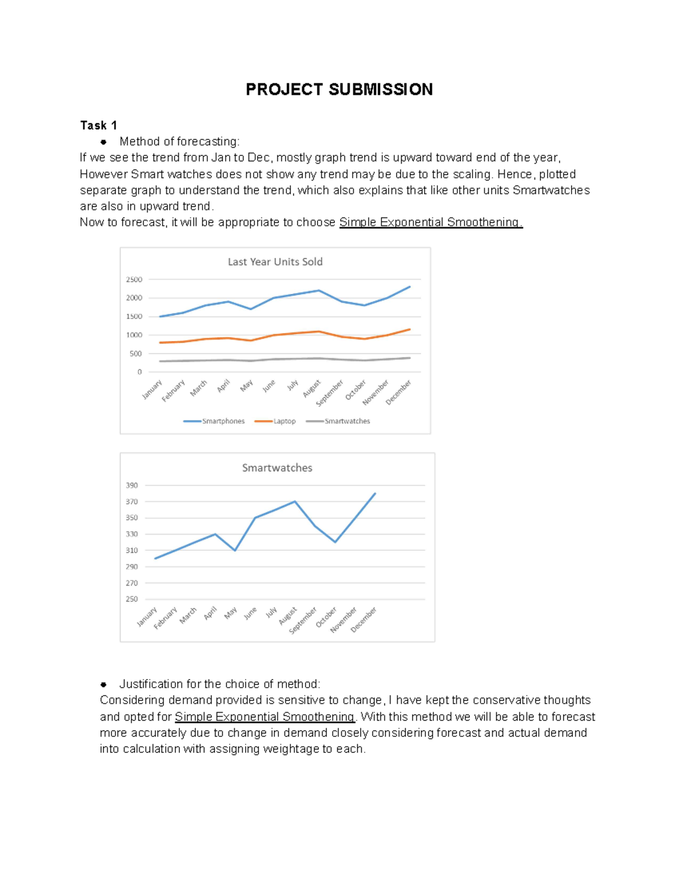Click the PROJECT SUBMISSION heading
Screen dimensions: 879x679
coord(339,89)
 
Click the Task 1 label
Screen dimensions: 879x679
coord(98,125)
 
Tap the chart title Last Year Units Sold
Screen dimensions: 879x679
coord(275,261)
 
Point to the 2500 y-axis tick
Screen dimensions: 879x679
coord(134,280)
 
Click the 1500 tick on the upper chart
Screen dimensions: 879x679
coord(134,316)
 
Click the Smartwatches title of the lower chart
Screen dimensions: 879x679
coord(277,468)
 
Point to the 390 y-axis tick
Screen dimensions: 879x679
coord(132,485)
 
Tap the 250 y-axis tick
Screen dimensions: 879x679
coord(132,599)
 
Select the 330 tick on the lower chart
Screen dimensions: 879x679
coord(132,534)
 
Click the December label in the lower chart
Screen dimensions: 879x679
coord(364,620)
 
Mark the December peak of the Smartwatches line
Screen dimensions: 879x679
coord(375,494)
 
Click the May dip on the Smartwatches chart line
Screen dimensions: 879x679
coord(235,550)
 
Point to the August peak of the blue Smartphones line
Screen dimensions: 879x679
coord(319,290)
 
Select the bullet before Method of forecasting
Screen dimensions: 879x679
coord(104,142)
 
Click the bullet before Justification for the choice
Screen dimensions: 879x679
coord(104,684)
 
